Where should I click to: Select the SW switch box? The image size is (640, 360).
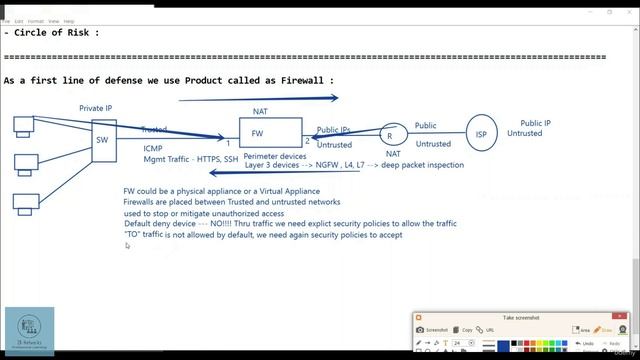point(103,141)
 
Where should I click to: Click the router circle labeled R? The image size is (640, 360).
point(389,136)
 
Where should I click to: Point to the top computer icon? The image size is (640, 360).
point(23,125)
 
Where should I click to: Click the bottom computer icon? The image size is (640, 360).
point(23,201)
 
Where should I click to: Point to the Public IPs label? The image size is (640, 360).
point(333,130)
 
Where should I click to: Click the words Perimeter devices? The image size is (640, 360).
point(275,156)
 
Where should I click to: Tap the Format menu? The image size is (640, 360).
point(36,20)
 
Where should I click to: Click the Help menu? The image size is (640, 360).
point(69,20)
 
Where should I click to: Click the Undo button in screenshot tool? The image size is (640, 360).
point(560,343)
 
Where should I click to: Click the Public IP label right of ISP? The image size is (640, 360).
point(535,124)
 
